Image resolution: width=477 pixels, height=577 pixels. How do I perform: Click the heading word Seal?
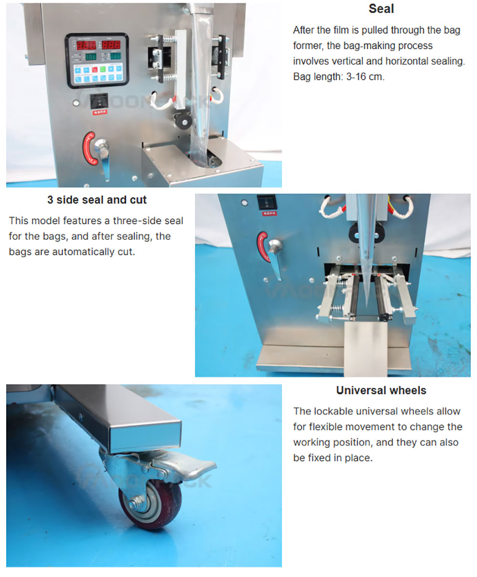(x=381, y=9)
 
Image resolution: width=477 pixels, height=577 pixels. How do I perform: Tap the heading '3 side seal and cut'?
(x=97, y=200)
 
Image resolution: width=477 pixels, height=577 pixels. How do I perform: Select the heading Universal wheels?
(x=381, y=390)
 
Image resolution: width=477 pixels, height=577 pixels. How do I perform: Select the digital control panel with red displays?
(x=97, y=60)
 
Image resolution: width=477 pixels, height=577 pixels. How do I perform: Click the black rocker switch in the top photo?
(x=99, y=102)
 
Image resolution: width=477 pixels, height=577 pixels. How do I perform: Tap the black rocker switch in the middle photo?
(x=267, y=203)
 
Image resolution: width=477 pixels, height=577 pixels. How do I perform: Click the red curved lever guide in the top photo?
(x=89, y=148)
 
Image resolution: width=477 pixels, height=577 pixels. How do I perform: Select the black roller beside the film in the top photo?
(x=183, y=121)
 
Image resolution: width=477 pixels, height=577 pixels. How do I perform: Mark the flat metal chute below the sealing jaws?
(x=365, y=349)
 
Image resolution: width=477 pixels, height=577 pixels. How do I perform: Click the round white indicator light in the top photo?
(x=76, y=103)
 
